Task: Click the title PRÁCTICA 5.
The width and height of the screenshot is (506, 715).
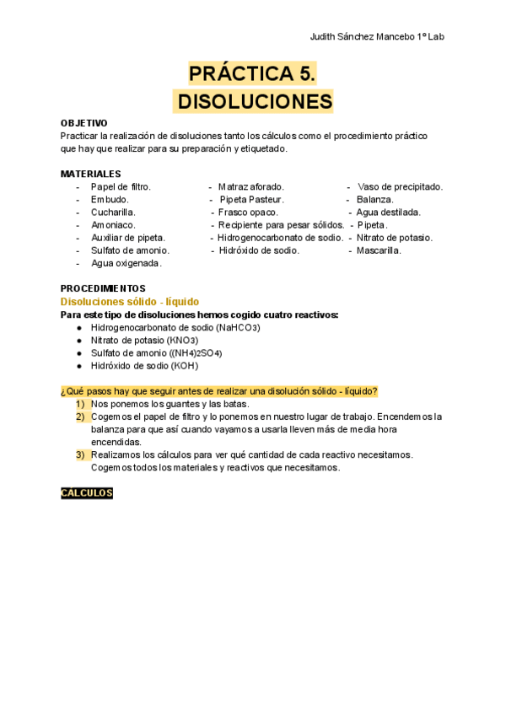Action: point(252,74)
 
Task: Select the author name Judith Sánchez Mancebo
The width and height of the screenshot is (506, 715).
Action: point(362,38)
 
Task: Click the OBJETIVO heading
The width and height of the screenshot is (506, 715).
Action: point(84,123)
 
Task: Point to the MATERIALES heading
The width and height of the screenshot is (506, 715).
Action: point(90,174)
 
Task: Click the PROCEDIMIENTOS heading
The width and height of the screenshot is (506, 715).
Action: point(103,288)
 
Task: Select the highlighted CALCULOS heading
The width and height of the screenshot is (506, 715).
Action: point(87,493)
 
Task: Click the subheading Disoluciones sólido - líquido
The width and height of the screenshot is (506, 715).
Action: point(130,301)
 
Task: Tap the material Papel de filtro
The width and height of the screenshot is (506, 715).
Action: point(121,187)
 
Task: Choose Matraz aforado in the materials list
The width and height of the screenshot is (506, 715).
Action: point(250,187)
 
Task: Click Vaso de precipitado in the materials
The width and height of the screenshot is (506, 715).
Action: point(400,187)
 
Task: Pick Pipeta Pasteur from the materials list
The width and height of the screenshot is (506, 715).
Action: point(251,200)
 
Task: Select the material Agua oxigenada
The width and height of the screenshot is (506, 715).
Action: point(126,263)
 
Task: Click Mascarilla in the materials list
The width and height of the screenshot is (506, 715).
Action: point(379,250)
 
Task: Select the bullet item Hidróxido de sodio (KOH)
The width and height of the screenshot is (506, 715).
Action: point(145,365)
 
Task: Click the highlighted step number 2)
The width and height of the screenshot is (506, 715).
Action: point(81,417)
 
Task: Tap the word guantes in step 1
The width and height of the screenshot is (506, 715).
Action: point(168,404)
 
